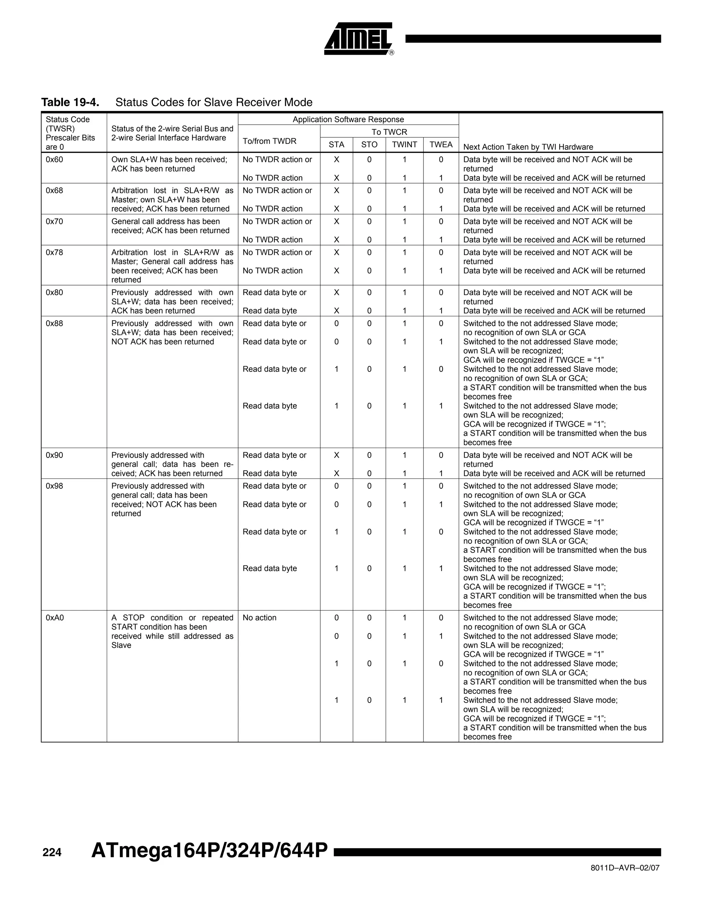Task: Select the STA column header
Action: pos(336,144)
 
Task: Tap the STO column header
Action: pos(369,144)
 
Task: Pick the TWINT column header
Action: pos(405,144)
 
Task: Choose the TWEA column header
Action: pos(441,144)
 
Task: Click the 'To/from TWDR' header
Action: pos(269,141)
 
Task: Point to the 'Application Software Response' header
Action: pos(348,119)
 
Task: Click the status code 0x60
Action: pos(54,159)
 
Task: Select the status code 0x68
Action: pos(54,191)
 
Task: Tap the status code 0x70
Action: pos(54,221)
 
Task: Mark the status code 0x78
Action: pos(54,253)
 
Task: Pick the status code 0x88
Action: pos(54,323)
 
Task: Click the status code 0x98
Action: pos(54,486)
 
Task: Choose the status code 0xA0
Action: pos(55,617)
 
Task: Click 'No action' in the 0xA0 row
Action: pos(259,617)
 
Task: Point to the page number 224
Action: pos(52,852)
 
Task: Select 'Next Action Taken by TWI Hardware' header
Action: pos(528,147)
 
